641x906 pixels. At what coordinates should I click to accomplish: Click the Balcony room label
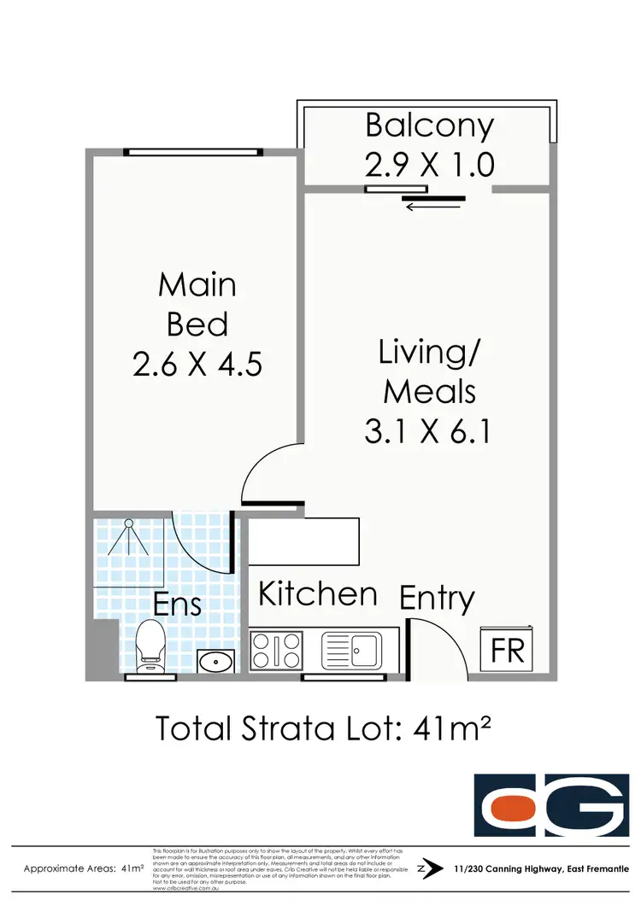[430, 126]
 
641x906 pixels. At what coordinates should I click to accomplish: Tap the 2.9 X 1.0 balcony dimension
[430, 162]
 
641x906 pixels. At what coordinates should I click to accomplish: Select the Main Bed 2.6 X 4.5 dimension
[197, 365]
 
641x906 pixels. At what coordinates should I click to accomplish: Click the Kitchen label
[318, 593]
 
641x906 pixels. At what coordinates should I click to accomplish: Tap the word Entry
[437, 598]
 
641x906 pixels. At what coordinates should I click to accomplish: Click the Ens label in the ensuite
[177, 605]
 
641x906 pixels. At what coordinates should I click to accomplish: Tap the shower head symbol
[128, 534]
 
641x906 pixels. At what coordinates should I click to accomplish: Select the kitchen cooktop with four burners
[276, 650]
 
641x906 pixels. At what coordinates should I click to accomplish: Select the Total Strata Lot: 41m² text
[321, 728]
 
